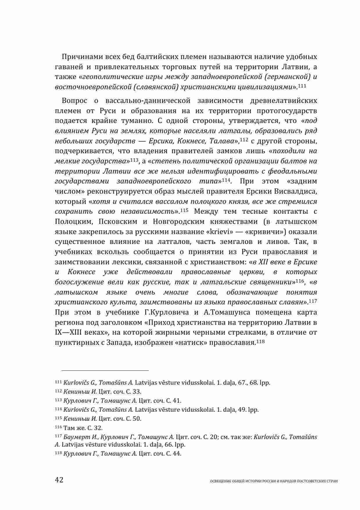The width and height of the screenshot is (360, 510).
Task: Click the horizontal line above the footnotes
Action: [102, 370]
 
